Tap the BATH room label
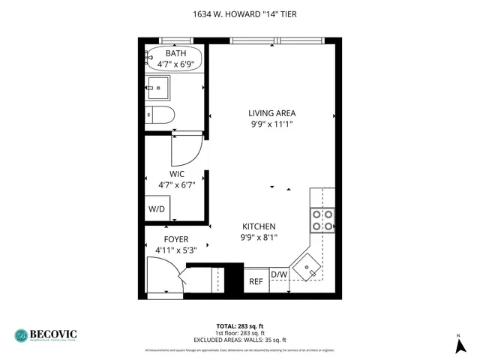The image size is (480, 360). [x=175, y=53]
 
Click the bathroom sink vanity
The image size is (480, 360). [x=160, y=88]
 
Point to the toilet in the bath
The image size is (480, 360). [x=160, y=115]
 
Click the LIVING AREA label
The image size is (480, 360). [x=271, y=113]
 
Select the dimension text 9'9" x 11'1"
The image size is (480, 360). [x=271, y=124]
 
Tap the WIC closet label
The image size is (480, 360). [x=166, y=174]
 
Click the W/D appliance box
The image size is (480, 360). [x=157, y=208]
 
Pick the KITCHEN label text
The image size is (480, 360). [x=259, y=226]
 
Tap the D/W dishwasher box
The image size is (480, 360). [x=278, y=274]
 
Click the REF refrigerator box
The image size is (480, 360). [x=256, y=281]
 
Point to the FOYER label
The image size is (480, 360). [x=171, y=239]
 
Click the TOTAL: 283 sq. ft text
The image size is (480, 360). [x=239, y=325]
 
